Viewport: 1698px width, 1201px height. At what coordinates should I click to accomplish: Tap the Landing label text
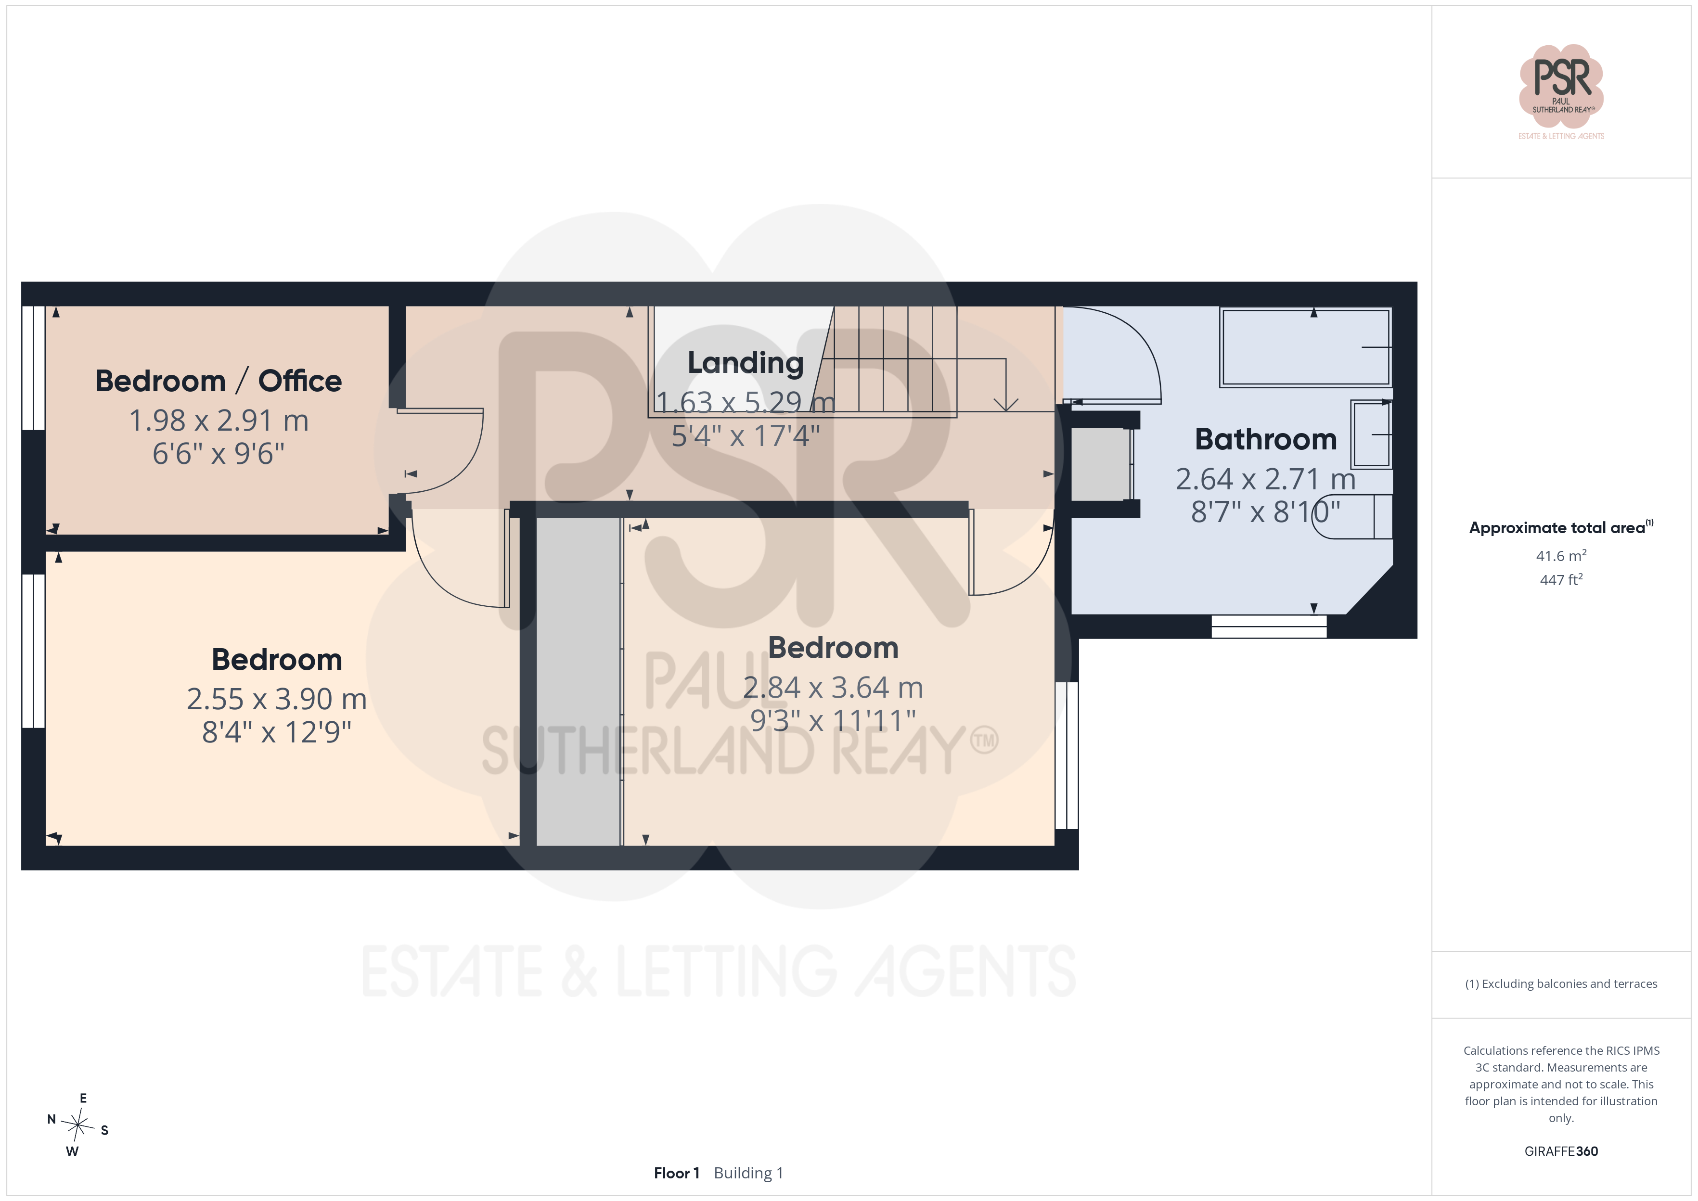click(x=746, y=363)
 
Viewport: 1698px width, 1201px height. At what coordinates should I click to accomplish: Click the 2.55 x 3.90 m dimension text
click(x=277, y=699)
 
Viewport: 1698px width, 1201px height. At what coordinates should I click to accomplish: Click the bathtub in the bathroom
click(x=1306, y=347)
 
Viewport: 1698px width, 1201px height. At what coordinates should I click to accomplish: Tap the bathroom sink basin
click(x=1372, y=434)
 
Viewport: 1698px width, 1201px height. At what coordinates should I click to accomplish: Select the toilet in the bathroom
click(x=1353, y=516)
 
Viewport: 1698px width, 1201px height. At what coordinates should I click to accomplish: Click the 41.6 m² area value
click(x=1561, y=555)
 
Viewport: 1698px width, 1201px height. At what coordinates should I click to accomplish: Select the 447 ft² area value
click(x=1561, y=580)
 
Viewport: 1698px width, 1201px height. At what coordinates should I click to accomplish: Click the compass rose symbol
click(x=77, y=1125)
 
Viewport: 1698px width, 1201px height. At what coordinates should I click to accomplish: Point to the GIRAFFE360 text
click(x=1561, y=1151)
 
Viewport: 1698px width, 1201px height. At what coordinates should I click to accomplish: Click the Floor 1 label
click(x=676, y=1173)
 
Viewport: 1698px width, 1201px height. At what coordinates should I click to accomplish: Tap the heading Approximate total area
click(x=1557, y=528)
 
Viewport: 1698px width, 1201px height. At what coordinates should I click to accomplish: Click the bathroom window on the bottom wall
click(x=1269, y=626)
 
